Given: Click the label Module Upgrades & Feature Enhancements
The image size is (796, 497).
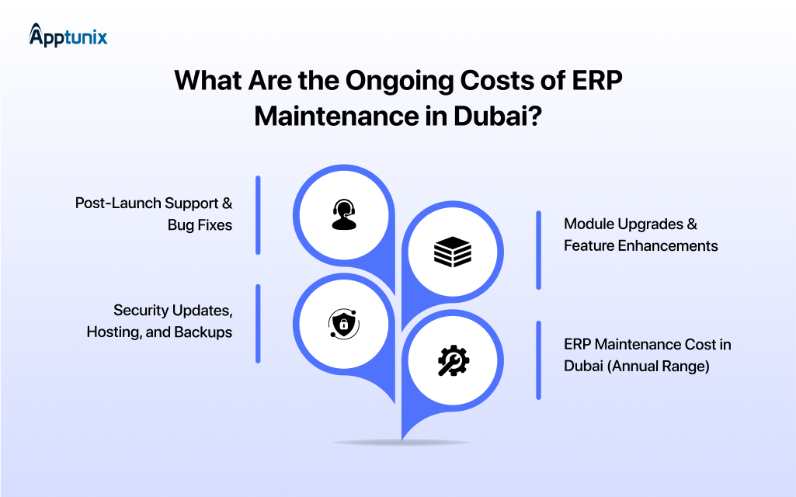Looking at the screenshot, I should click(641, 235).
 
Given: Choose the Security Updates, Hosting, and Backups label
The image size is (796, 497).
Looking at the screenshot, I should click(160, 321).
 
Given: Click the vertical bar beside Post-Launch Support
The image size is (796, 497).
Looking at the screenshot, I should click(258, 214).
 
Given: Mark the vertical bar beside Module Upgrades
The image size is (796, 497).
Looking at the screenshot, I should click(538, 250).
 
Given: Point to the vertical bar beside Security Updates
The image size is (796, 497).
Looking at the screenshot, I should click(258, 323).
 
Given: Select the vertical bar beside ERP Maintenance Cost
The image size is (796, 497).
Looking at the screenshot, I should click(538, 360).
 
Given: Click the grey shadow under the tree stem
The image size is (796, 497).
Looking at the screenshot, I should click(401, 443).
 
